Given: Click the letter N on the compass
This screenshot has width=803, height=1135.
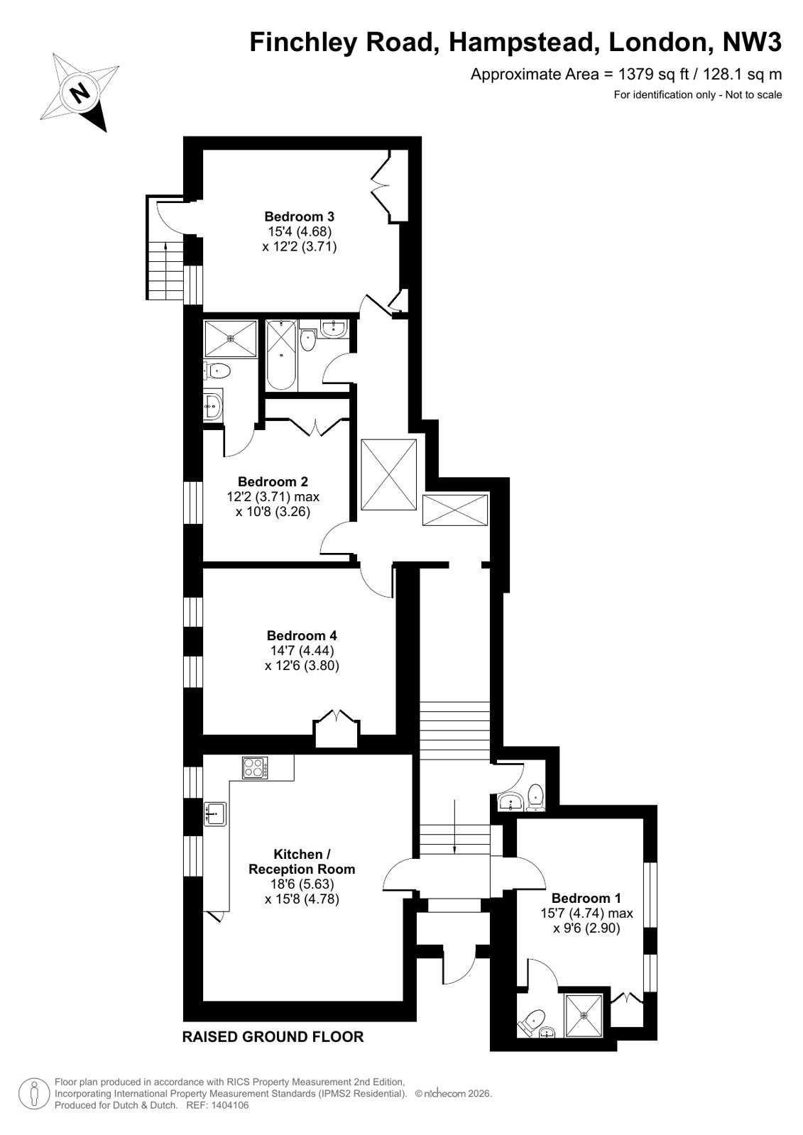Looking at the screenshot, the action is [x=79, y=93].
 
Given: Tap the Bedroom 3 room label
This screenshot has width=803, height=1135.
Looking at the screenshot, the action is [x=299, y=217].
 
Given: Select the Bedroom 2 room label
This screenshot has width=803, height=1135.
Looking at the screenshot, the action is [x=273, y=482].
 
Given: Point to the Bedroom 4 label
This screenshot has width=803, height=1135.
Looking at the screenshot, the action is [x=302, y=635].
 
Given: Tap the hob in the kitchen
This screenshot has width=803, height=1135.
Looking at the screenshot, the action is [x=255, y=767].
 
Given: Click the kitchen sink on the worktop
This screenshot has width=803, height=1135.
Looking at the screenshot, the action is [x=215, y=814].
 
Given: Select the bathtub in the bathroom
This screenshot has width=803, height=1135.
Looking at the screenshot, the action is [x=281, y=355].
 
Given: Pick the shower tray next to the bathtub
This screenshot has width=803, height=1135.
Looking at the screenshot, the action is [x=231, y=338].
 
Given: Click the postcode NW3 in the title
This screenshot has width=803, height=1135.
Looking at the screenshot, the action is [x=752, y=43].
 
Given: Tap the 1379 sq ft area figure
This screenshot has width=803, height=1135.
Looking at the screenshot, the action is [x=653, y=75].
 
